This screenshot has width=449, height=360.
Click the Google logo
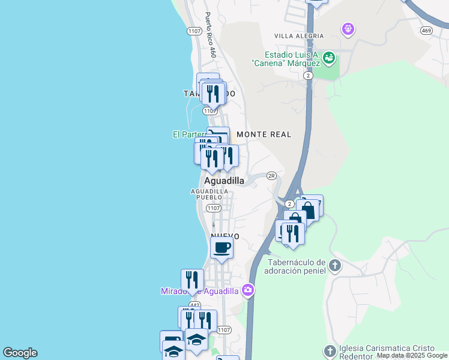click(x=20, y=353)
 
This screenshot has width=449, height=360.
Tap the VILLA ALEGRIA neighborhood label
click(x=299, y=36)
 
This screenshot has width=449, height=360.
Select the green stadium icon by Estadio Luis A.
click(x=328, y=58)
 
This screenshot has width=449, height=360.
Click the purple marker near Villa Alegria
click(x=348, y=28)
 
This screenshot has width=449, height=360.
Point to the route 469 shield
click(x=426, y=31)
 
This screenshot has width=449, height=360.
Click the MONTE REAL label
click(x=264, y=134)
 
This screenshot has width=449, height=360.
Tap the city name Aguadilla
click(x=224, y=180)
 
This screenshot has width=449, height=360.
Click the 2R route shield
click(x=271, y=176)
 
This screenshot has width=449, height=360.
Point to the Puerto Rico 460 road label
click(x=210, y=35)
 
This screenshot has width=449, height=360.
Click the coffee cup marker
click(x=221, y=247)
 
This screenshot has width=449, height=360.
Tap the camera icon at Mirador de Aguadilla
click(x=248, y=290)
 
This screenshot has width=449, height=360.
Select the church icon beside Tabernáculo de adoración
click(x=334, y=265)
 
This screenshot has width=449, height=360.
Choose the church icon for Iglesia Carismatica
click(x=330, y=350)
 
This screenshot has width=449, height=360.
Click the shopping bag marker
click(x=307, y=210)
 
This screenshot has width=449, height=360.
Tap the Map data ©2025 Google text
click(x=412, y=355)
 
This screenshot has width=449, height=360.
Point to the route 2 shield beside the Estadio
click(x=307, y=76)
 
